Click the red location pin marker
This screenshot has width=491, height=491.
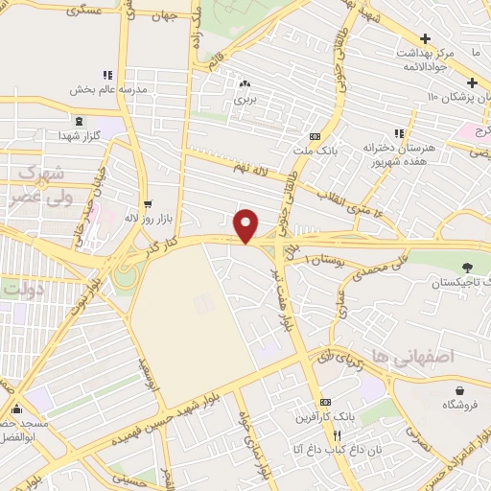pos(246,225)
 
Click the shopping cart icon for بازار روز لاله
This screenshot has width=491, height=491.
pos(148,204)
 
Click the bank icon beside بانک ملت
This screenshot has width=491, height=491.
pos(315,137)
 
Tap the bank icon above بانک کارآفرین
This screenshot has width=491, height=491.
pos(326,402)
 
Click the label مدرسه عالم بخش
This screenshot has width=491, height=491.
pos(107,89)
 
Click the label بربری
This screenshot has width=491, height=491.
pos(247,99)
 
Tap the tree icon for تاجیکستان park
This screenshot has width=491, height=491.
pos(468,266)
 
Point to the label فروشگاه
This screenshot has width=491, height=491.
pos(460,406)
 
